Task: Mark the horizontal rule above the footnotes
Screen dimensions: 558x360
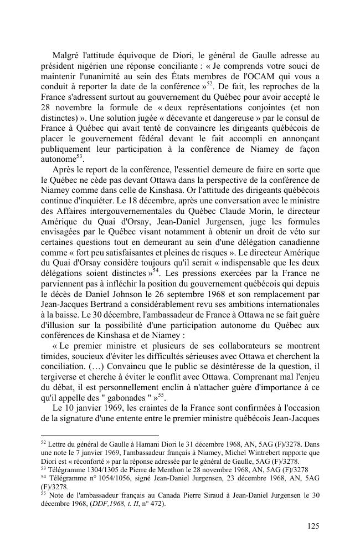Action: (x=100, y=436)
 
